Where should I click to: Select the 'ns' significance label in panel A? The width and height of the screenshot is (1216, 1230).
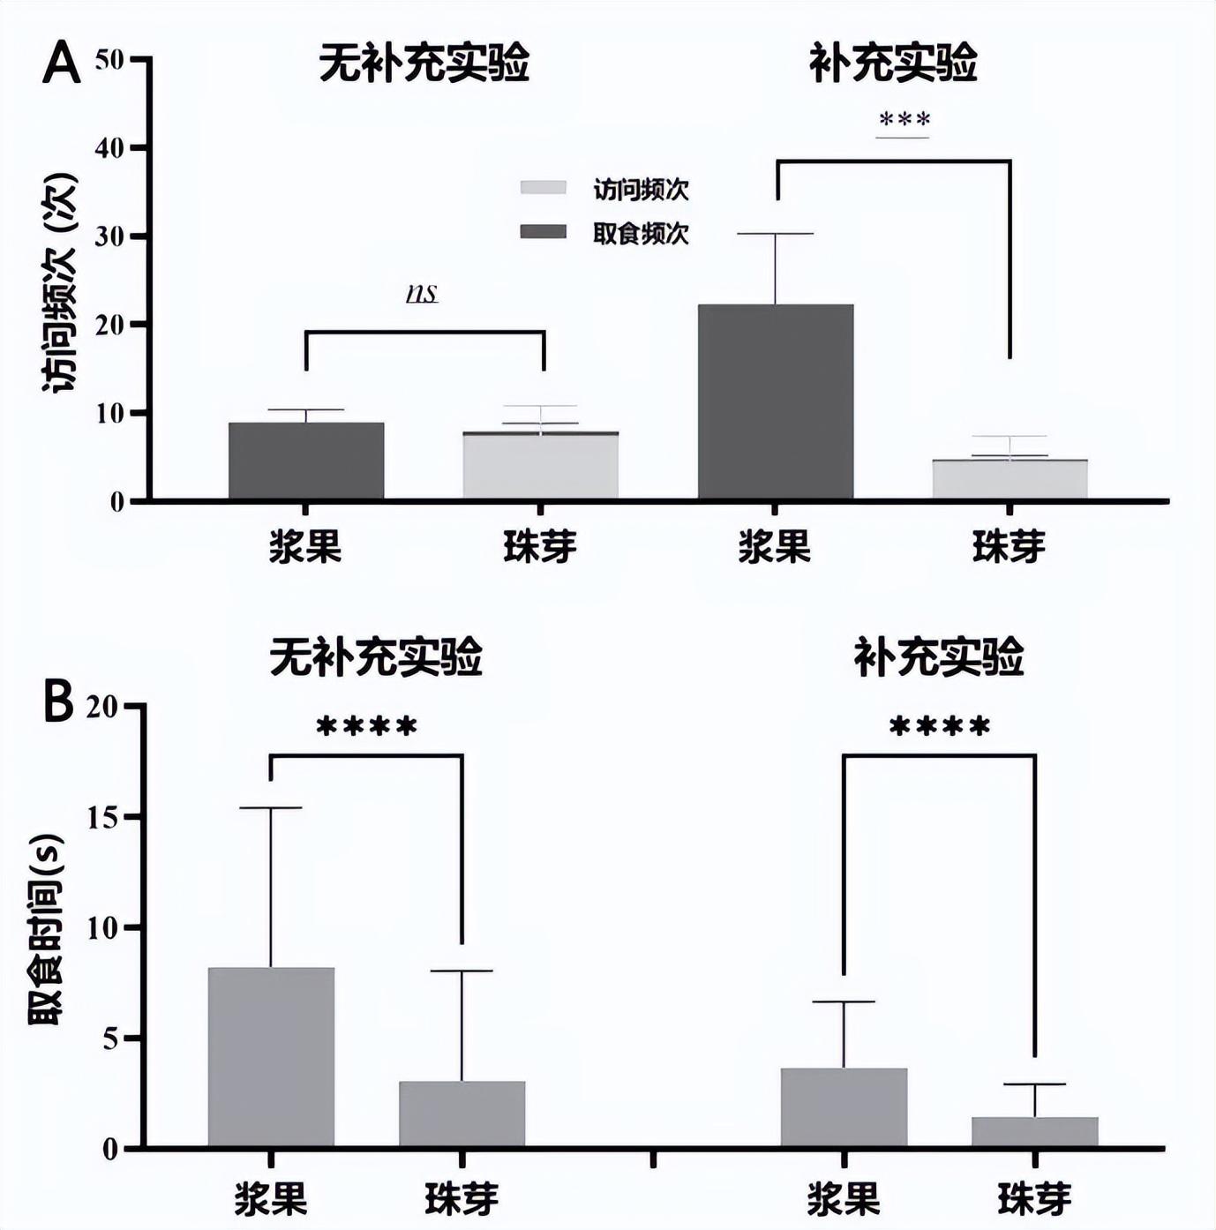[x=423, y=293]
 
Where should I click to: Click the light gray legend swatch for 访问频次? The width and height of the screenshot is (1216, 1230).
[x=543, y=188]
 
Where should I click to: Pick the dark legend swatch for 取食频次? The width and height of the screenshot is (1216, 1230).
[x=543, y=232]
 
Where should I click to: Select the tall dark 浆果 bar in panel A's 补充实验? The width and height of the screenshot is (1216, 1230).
[x=776, y=401]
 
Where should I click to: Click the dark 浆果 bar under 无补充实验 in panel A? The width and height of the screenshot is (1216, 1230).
[x=306, y=461]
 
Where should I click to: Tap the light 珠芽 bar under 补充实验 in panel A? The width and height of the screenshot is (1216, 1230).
[x=1010, y=479]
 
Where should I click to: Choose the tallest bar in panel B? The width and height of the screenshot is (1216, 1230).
[x=271, y=1056]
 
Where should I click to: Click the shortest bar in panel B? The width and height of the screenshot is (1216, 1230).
[x=1035, y=1131]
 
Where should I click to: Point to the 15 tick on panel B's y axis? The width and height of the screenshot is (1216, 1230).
[x=104, y=817]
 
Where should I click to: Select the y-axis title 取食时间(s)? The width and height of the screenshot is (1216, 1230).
[x=45, y=928]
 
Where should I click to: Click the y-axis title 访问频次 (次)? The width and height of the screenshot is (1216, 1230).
[x=59, y=282]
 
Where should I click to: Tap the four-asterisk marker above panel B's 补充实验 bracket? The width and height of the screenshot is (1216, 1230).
[x=940, y=728]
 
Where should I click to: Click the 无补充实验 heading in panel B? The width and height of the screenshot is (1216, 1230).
[x=376, y=657]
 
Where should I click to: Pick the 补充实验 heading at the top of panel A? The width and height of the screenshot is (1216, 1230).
[x=893, y=64]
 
